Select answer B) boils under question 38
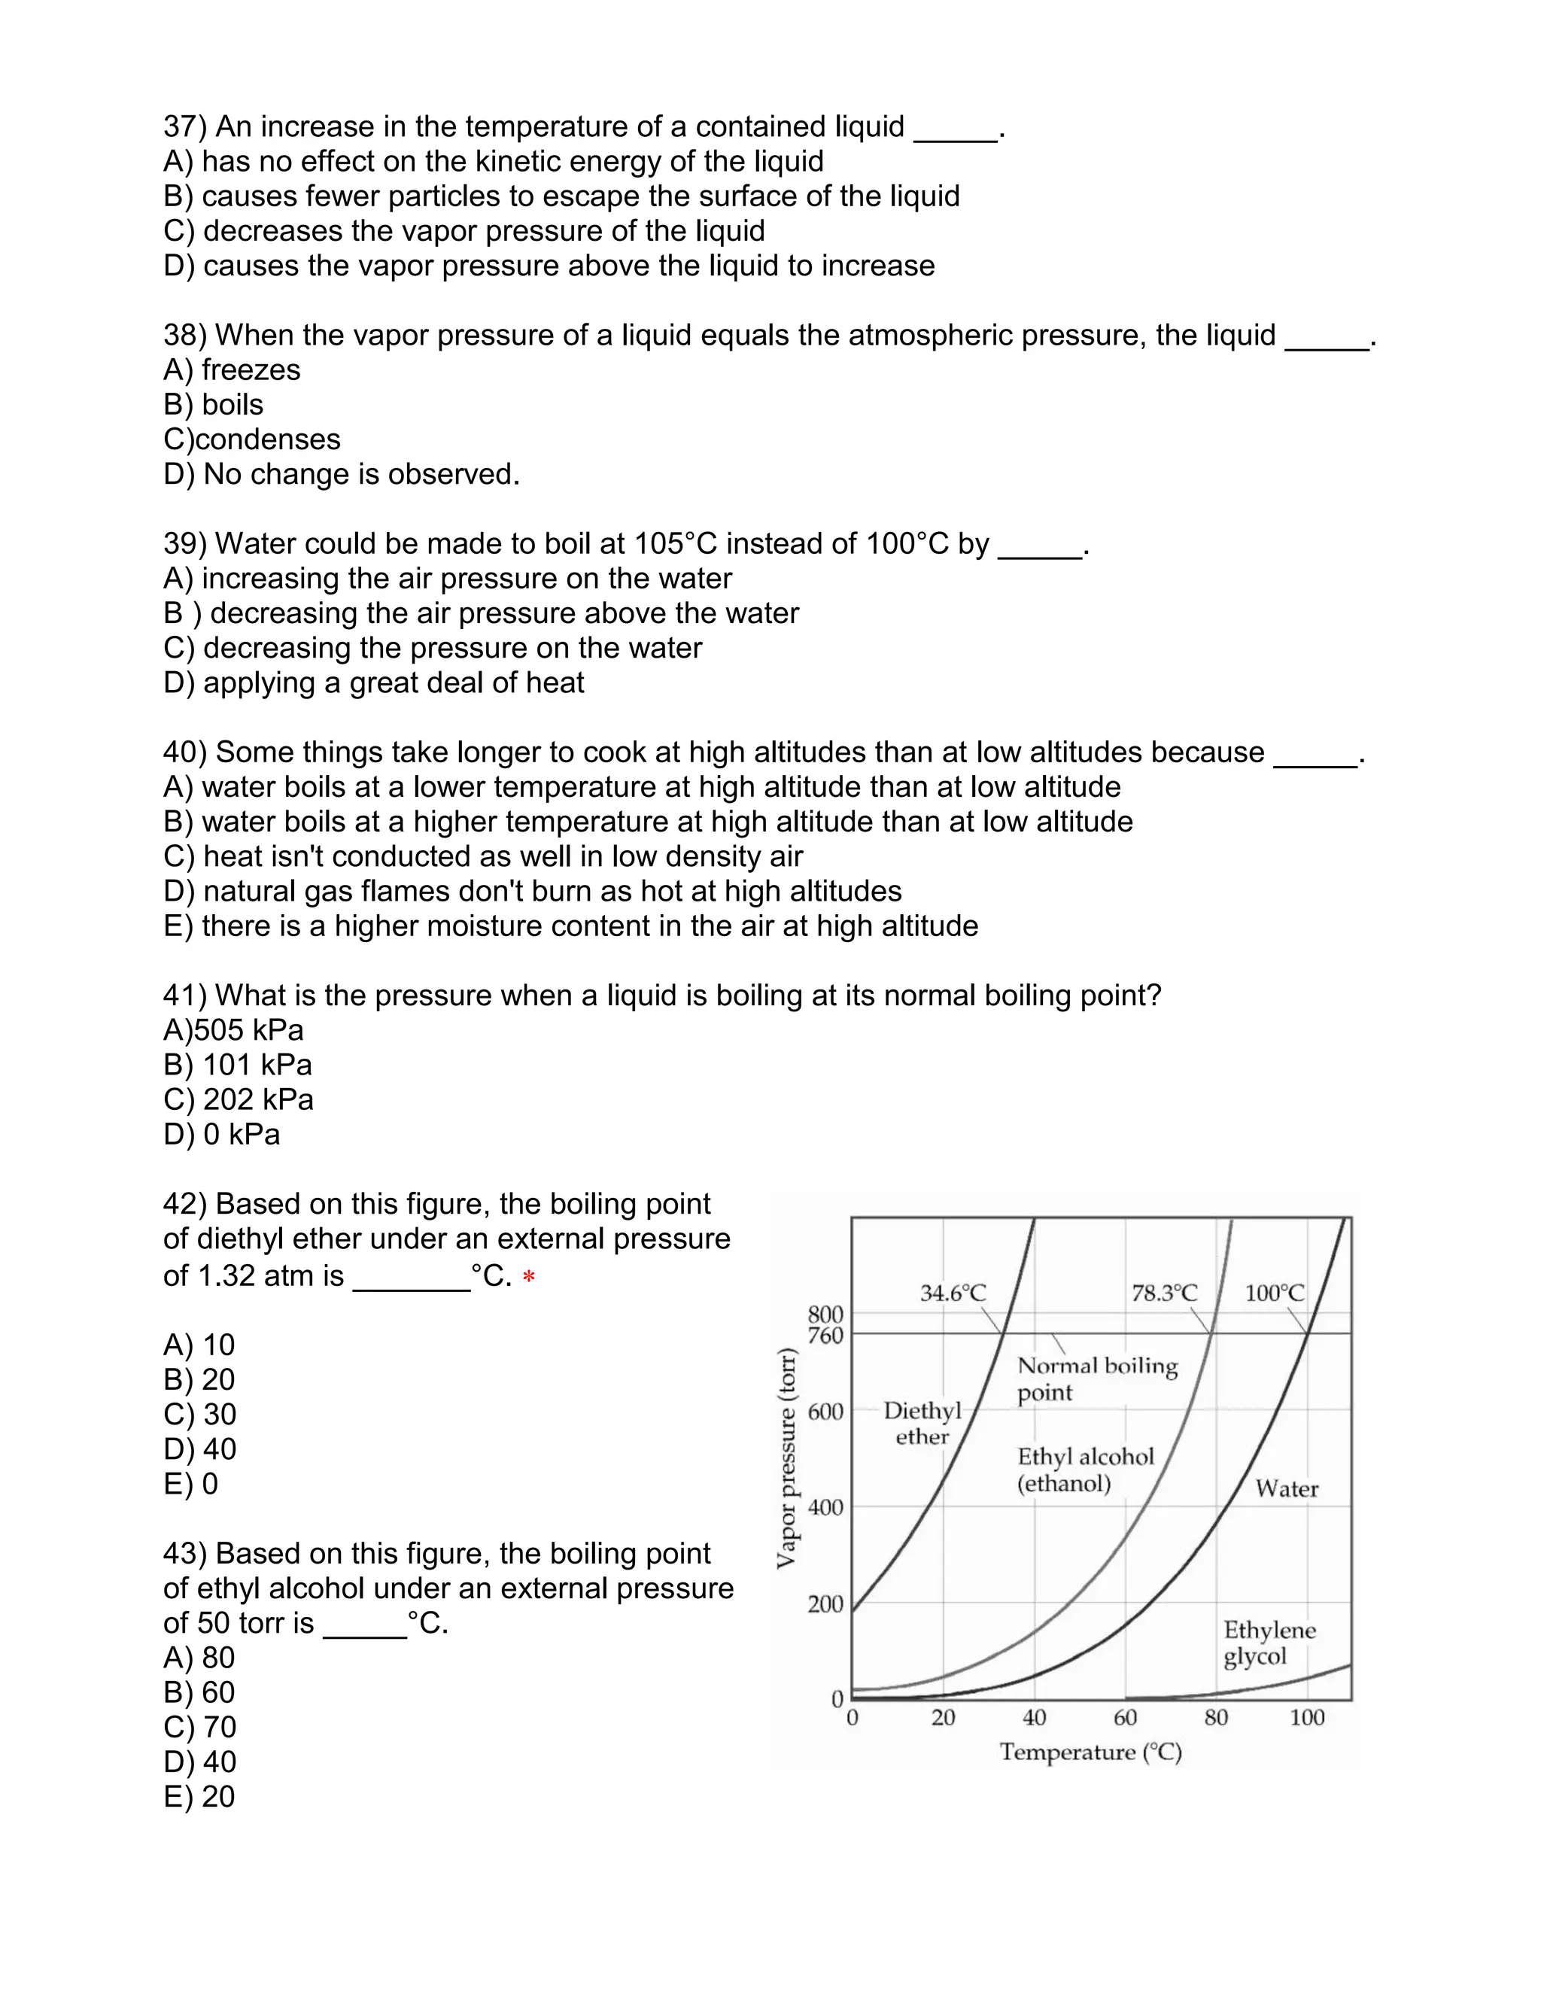[x=214, y=405]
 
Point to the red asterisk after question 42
[x=528, y=1278]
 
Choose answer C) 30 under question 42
[x=200, y=1415]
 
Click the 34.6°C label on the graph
[x=953, y=1293]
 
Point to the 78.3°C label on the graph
[x=1164, y=1293]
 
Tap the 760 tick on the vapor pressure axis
[x=825, y=1336]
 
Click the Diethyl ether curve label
[x=922, y=1424]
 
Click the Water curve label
[x=1286, y=1489]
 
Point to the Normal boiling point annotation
[x=1097, y=1378]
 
